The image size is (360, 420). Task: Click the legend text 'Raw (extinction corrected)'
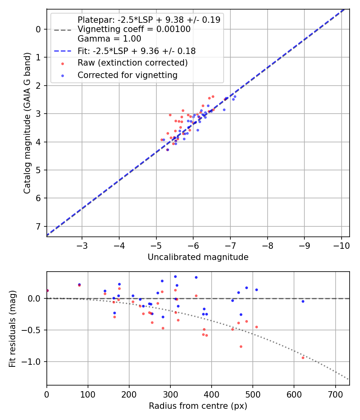coord(132,63)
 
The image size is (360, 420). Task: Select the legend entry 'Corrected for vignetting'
coord(127,75)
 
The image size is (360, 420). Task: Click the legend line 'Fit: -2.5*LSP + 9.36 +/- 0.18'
coord(62,51)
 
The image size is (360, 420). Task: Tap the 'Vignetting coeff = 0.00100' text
coord(134,29)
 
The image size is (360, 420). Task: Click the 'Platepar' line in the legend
coord(62,30)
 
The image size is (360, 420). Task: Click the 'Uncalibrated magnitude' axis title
coord(198,257)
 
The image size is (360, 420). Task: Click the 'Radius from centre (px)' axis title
coord(198,406)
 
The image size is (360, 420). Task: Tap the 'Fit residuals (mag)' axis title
coord(12,328)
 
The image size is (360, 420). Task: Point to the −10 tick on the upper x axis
coord(341,245)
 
